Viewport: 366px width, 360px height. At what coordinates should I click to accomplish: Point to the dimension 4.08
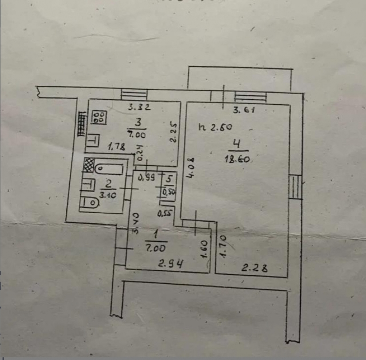191,168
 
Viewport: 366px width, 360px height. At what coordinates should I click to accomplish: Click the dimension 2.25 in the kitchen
174,132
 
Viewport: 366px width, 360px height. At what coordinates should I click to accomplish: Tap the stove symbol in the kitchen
98,117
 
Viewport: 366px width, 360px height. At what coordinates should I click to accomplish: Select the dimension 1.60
205,250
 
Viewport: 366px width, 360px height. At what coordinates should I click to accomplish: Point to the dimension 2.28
254,267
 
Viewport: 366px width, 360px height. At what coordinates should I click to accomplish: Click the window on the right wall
295,187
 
